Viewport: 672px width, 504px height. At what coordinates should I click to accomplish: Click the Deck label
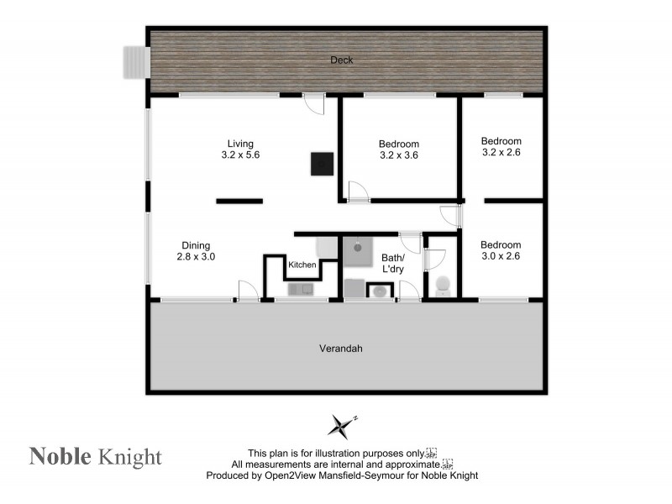tap(342, 60)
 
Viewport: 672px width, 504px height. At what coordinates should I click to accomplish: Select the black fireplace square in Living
tap(322, 164)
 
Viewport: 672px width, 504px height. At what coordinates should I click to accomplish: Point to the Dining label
tap(196, 245)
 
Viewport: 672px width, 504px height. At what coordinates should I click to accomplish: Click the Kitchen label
tap(302, 265)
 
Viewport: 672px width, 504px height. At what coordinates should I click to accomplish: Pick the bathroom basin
tap(380, 291)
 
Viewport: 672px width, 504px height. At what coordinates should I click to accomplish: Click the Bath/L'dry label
tap(392, 263)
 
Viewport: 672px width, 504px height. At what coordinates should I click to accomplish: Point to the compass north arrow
tap(341, 425)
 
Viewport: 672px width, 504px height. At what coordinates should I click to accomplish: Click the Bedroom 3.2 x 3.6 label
tap(399, 150)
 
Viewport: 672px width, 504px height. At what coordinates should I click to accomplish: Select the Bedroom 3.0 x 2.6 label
tap(501, 250)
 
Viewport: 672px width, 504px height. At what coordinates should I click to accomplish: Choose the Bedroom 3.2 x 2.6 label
tap(501, 147)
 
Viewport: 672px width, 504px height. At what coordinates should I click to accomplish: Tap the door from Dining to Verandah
tap(247, 291)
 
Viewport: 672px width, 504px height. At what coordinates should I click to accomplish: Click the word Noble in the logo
tap(60, 456)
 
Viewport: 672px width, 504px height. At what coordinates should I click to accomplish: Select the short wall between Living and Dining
tap(239, 201)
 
